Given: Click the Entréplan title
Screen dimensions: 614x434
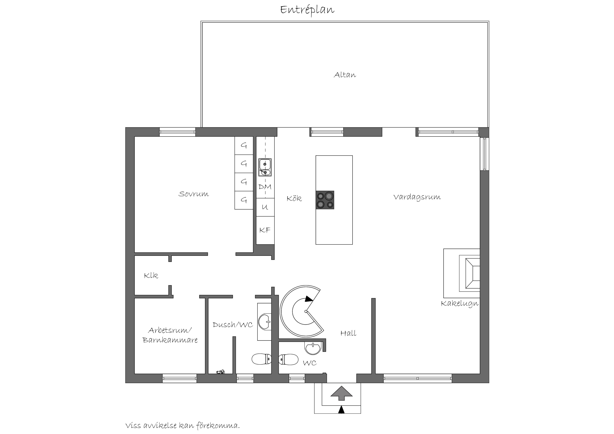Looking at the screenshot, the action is pos(307,10).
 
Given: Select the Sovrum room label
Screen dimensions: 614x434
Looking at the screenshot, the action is pos(194,194).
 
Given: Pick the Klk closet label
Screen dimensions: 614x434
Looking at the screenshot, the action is pos(151,275).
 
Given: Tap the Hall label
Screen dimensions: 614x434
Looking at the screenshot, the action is pos(348,333).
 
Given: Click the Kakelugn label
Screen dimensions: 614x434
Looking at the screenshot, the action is pos(460,303).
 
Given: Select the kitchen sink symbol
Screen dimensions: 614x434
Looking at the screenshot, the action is pos(265,167).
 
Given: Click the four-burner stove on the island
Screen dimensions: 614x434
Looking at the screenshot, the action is pos(325,200).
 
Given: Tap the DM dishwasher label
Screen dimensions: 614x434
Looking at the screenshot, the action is pos(265,187).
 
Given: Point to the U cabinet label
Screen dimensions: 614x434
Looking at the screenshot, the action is pos(265,207).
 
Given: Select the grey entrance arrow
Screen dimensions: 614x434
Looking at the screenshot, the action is pos(341,393).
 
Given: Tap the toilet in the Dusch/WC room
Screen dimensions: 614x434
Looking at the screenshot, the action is pos(261,359).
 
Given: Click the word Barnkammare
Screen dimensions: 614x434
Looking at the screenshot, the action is pos(170,340).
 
